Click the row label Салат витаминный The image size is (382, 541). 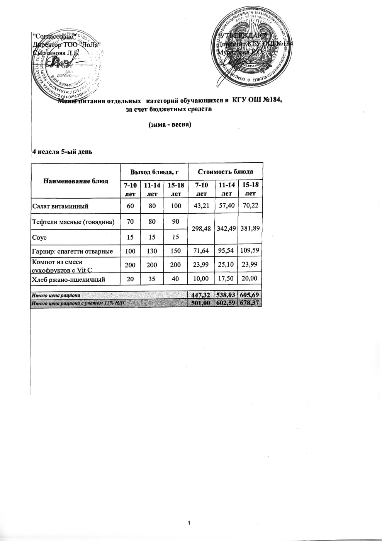tap(60, 206)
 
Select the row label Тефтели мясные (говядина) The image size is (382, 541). tap(73, 222)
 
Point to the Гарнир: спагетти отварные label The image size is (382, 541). tap(72, 251)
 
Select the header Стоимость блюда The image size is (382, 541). tap(226, 171)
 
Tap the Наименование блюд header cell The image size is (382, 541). tap(76, 181)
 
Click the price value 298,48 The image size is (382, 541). tap(201, 228)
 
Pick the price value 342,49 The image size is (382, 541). tap(226, 228)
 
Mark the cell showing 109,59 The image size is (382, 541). tap(250, 250)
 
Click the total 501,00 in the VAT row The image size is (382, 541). tap(200, 303)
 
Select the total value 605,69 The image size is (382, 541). tap(250, 295)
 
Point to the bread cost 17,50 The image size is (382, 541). tap(226, 279)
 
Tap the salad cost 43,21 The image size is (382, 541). tap(201, 206)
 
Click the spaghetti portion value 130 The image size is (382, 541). tap(152, 251)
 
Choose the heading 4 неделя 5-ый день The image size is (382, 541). tap(62, 151)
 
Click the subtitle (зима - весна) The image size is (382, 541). tap(170, 125)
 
